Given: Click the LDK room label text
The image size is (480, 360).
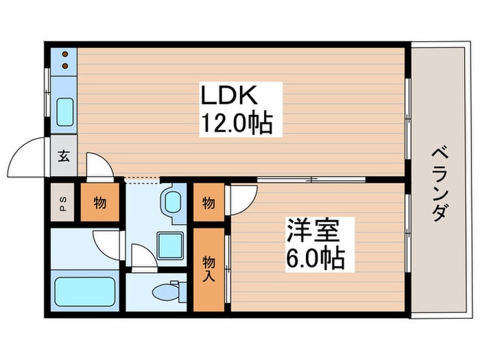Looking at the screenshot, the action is coord(228,95).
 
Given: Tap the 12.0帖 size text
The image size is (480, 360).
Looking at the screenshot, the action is coord(236,123).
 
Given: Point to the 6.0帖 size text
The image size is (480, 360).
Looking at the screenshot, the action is coord(315,258).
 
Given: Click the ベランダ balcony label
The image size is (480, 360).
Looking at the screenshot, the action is coord(440,184).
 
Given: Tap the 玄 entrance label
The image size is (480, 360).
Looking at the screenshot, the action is coord(64,156).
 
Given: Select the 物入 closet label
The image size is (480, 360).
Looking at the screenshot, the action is coord(208,269).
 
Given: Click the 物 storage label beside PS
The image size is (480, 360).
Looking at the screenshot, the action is coord(100,202).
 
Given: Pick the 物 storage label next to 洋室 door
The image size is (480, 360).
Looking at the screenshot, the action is coord(208,202).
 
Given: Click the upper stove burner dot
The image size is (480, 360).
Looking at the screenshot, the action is coord(65,54).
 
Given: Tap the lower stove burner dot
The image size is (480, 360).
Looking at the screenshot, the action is coord(65,66).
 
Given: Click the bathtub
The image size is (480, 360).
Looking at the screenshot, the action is coord(85,291).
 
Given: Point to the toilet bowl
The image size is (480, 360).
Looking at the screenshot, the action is coord(165,291).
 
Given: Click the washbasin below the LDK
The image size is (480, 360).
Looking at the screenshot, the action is coord(172,202).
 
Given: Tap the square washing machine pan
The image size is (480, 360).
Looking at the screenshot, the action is coord(170,245).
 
